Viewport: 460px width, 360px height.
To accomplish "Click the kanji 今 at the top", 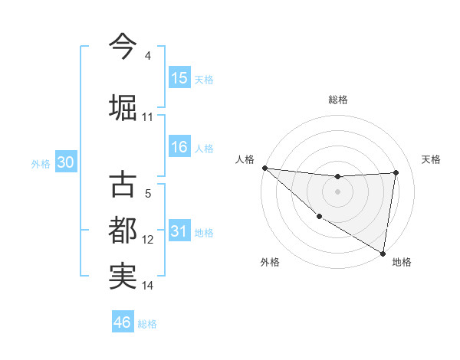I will click(123, 46).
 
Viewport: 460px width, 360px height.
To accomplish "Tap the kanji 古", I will click(123, 185).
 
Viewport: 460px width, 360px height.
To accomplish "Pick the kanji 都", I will click(123, 230).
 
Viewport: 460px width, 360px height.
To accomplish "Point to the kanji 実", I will click(123, 276).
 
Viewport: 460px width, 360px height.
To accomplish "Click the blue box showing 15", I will click(179, 78).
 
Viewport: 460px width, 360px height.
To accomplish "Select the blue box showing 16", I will click(179, 147).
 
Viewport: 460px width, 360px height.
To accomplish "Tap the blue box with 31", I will click(179, 231).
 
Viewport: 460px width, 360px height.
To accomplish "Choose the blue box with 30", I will click(65, 163).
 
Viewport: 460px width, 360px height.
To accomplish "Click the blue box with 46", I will click(123, 322).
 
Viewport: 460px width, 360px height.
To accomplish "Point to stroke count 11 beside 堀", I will click(147, 117).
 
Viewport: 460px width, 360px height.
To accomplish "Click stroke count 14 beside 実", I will click(147, 286).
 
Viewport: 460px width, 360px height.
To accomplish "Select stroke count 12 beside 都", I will click(147, 240).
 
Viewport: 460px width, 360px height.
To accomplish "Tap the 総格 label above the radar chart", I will click(338, 100).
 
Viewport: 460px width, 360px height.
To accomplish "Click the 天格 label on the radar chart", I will click(432, 159).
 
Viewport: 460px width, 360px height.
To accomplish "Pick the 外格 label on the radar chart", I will click(270, 262).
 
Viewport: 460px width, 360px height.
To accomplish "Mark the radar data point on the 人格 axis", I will click(264, 168).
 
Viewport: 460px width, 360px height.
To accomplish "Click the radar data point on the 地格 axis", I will click(383, 253).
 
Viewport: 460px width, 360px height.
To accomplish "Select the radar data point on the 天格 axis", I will click(396, 172).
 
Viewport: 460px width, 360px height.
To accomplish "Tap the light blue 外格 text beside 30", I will click(41, 164).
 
